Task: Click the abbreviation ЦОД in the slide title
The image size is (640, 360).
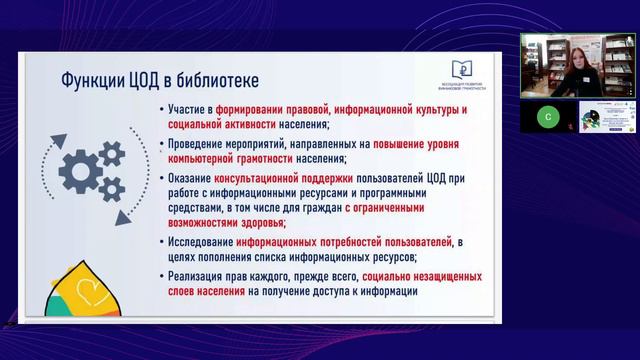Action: click(145, 79)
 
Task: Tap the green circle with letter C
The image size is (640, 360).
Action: click(547, 117)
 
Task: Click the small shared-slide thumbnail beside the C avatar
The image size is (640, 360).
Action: click(608, 117)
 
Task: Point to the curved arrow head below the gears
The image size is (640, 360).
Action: click(123, 217)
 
